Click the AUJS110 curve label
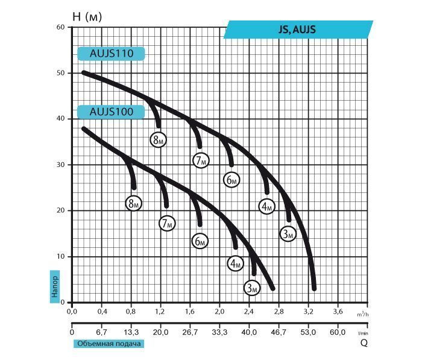coord(111,54)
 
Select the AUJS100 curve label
coord(111,112)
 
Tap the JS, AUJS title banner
coord(298,30)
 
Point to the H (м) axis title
coord(87,17)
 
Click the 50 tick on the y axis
coord(60,73)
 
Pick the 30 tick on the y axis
coord(60,165)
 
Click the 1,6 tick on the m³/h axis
coord(190,312)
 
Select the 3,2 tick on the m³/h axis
coord(308,312)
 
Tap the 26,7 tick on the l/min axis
coord(190,332)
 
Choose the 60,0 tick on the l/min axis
coord(338,332)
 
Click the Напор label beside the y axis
coord(55,286)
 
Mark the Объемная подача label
coord(109,344)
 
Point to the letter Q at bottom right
coord(364,343)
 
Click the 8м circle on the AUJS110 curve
coord(158,140)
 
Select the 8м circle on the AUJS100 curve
coord(133,204)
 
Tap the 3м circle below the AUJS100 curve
coord(252,288)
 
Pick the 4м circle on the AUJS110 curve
coord(266,206)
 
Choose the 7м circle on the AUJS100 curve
coord(167,224)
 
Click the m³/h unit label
coord(363,314)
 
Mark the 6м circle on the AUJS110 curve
coord(231,180)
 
